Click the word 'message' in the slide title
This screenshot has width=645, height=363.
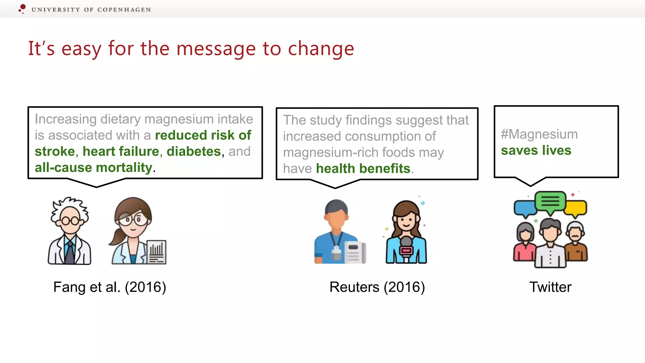click(x=216, y=49)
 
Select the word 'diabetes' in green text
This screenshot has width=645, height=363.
click(x=194, y=152)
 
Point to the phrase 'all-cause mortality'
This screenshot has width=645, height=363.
click(x=94, y=168)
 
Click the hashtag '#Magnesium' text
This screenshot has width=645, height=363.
click(x=539, y=134)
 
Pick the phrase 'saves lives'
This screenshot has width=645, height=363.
click(x=536, y=150)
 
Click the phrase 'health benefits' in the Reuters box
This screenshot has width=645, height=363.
click(x=363, y=169)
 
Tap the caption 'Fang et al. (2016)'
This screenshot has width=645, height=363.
click(x=110, y=287)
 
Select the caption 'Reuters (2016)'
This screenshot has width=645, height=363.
click(x=377, y=287)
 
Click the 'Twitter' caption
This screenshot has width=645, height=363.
click(x=550, y=287)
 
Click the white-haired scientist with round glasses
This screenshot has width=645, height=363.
click(x=70, y=230)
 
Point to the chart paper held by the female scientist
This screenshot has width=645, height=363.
click(x=157, y=252)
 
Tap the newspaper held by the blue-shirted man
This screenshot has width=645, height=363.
click(x=355, y=252)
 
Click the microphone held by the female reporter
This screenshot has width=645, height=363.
click(x=406, y=247)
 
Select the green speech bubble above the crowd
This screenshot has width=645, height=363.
click(x=550, y=201)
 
